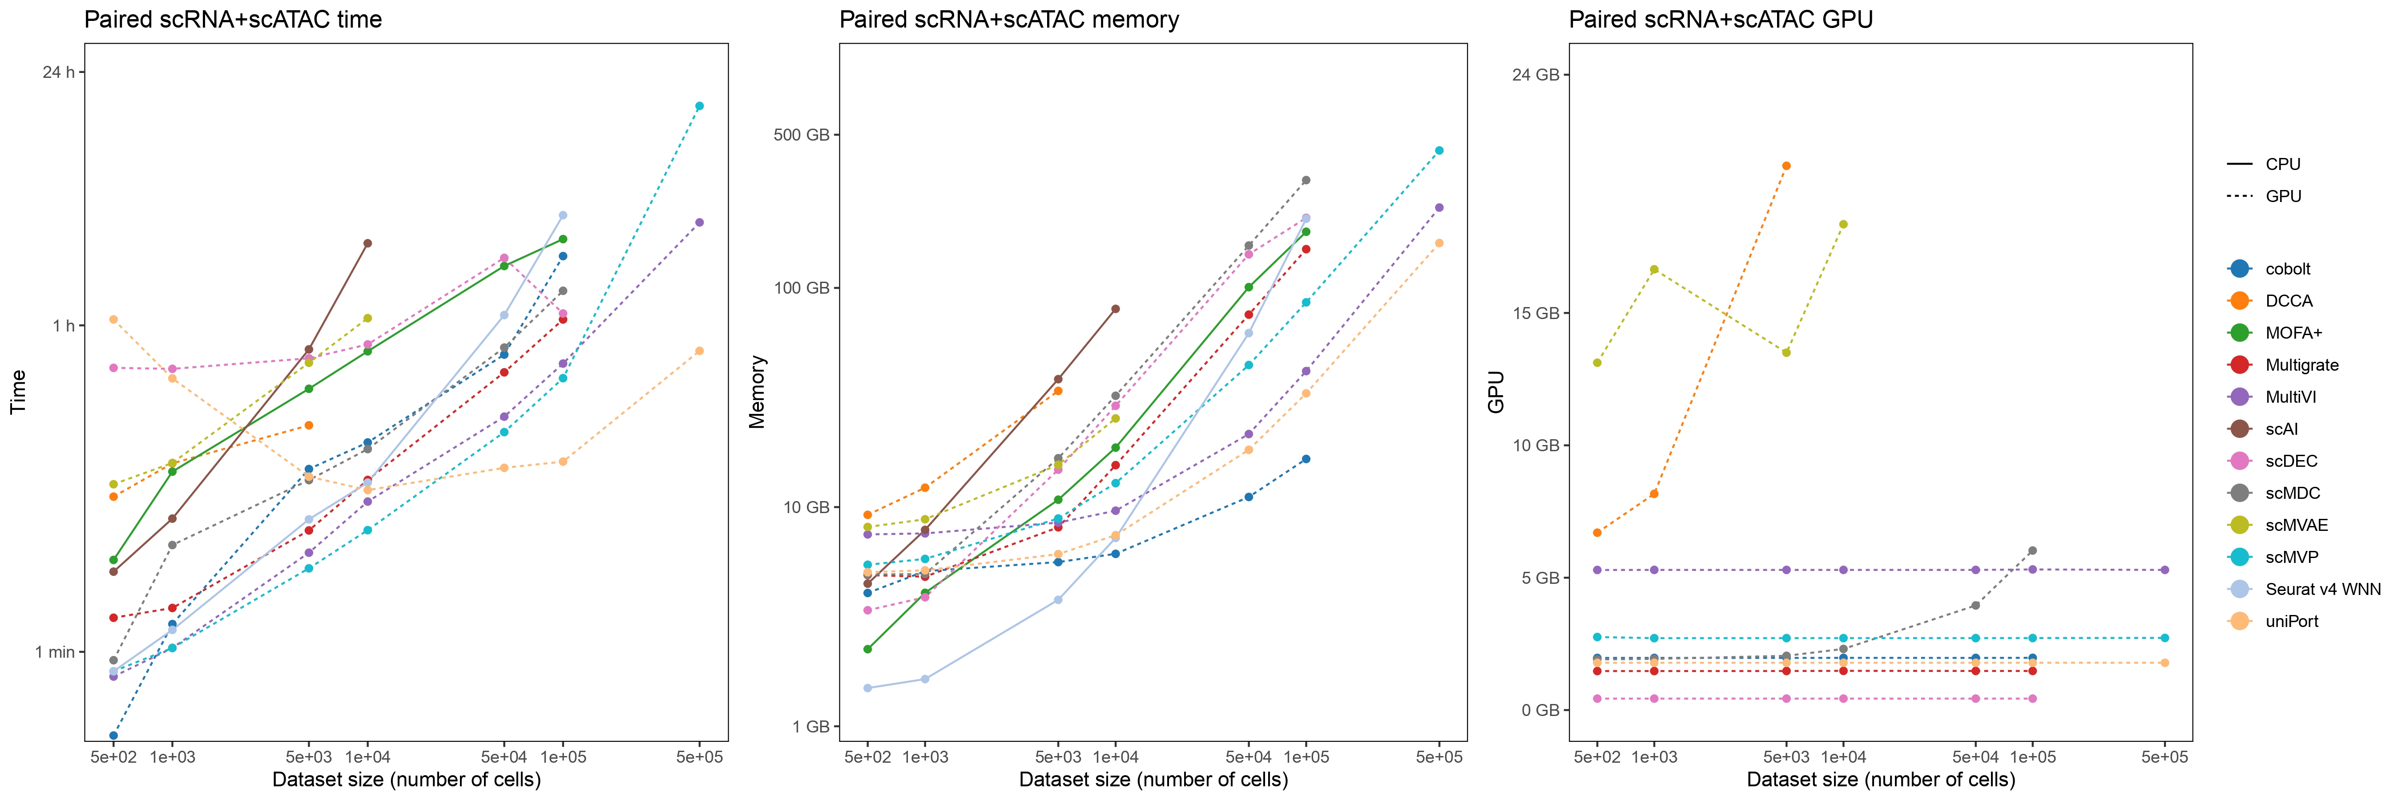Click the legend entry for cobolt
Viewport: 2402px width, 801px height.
2287,268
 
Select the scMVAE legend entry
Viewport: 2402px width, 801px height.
2296,525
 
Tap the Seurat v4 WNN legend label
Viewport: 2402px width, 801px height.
2322,589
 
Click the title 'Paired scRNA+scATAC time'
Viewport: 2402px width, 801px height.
233,20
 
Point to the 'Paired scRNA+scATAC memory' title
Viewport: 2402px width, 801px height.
1009,20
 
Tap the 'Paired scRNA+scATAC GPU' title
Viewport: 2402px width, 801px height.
1721,20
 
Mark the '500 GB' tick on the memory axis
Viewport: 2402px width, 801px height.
801,135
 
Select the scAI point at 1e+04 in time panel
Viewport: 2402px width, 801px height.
367,243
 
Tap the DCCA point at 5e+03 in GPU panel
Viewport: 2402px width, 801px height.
1785,166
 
